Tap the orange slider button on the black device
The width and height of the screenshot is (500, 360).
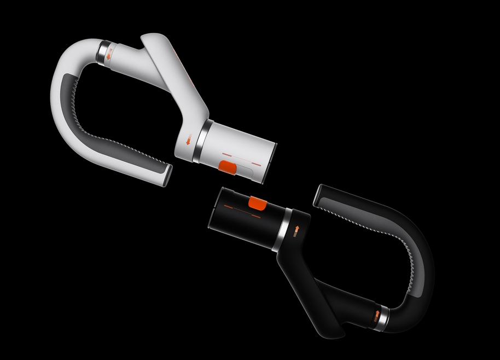(x=256, y=203)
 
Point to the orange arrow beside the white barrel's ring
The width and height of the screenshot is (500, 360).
(x=189, y=141)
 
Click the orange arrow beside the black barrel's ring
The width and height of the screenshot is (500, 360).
(x=296, y=229)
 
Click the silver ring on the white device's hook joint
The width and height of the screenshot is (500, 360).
(x=102, y=51)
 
